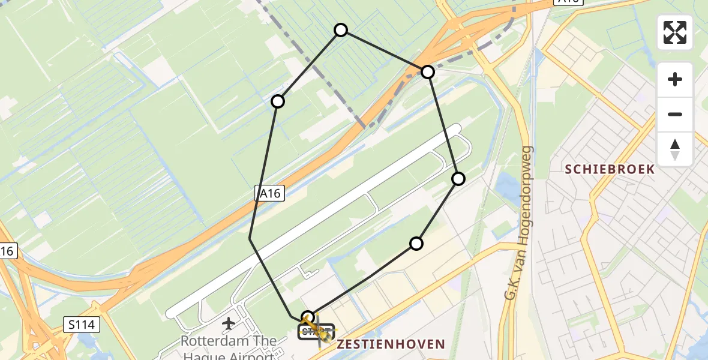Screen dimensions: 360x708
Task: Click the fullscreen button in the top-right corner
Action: [x=675, y=32]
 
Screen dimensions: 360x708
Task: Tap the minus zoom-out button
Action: [x=675, y=114]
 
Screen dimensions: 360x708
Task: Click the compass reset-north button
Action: [x=675, y=149]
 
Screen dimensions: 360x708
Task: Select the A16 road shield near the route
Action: [x=269, y=193]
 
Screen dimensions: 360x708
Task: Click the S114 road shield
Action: [x=80, y=325]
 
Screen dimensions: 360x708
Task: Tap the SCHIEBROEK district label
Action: [x=610, y=169]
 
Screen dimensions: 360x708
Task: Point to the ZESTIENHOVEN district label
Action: [x=391, y=344]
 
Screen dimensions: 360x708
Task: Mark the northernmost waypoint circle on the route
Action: [x=341, y=30]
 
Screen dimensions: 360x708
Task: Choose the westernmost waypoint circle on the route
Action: [x=278, y=101]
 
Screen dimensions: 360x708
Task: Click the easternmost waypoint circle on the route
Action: [x=458, y=178]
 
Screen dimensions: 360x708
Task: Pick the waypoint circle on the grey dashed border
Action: [x=427, y=72]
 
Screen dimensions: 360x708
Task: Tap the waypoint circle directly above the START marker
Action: [x=308, y=317]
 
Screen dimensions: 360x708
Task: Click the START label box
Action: [x=316, y=331]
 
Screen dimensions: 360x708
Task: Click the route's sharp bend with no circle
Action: [x=250, y=239]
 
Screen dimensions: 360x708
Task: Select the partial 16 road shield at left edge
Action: [x=7, y=251]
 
